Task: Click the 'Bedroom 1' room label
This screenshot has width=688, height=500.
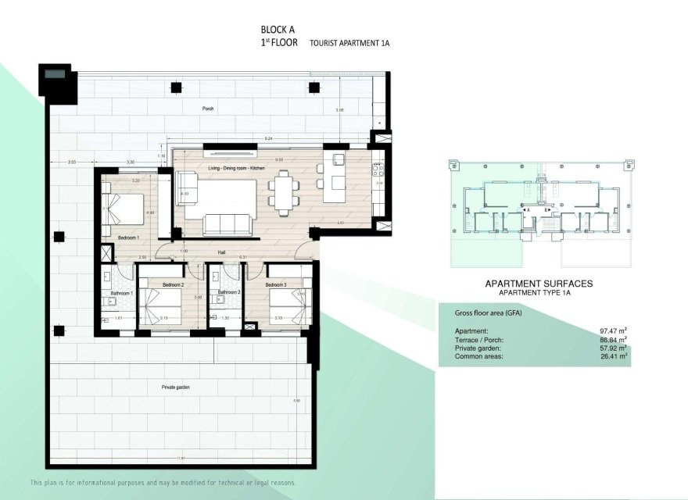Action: tap(128, 237)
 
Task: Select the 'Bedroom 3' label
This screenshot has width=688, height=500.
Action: tap(277, 285)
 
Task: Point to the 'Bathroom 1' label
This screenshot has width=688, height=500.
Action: tap(122, 293)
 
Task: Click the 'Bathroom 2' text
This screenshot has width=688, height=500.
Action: tap(228, 293)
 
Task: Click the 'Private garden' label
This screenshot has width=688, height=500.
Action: tap(176, 387)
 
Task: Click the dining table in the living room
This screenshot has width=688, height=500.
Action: tap(284, 193)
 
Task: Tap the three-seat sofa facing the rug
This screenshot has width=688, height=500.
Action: tap(228, 225)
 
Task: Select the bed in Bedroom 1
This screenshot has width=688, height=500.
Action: tap(124, 209)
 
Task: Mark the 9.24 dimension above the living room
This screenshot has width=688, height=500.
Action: tap(269, 137)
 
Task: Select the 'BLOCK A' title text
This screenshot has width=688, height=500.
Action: tap(278, 31)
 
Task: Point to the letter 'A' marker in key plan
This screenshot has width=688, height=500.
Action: tap(529, 210)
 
